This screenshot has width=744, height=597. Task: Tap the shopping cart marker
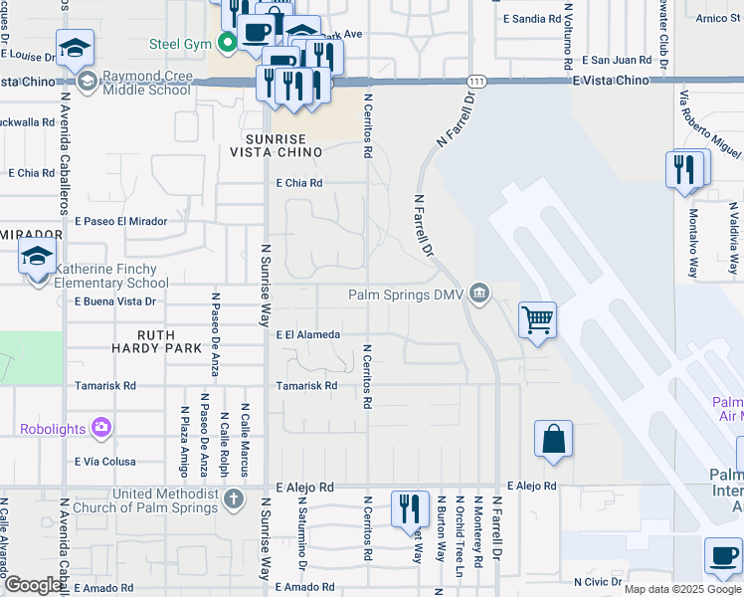(537, 320)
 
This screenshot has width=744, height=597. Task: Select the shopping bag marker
(553, 439)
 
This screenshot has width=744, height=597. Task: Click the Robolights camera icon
(100, 429)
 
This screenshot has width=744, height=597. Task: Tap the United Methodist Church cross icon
(233, 497)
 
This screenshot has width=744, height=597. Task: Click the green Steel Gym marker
(228, 43)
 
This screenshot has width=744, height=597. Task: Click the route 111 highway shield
(478, 80)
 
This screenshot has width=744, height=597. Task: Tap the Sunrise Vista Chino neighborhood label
(276, 145)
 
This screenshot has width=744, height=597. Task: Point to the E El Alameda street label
(308, 335)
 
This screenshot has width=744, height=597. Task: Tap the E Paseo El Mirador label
(120, 221)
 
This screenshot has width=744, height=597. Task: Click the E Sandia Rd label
(532, 19)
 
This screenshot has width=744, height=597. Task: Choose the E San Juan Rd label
(617, 60)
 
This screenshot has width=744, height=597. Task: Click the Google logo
(33, 586)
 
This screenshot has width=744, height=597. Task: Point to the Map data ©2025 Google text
(682, 589)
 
